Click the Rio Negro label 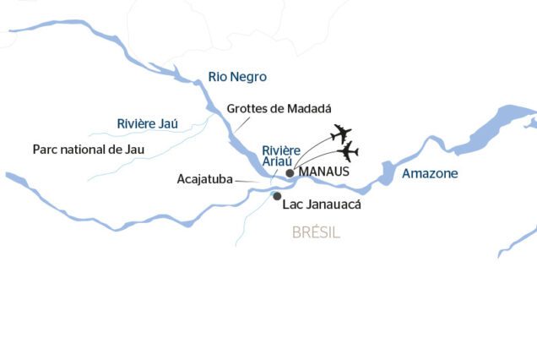(x=237, y=77)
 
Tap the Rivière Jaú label (x=147, y=123)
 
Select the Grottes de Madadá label (x=279, y=109)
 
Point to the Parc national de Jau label (x=89, y=150)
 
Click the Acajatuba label (x=205, y=179)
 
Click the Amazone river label (x=430, y=173)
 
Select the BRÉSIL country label (x=316, y=232)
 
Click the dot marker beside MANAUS (x=290, y=172)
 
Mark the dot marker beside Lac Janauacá (x=277, y=196)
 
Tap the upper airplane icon (x=341, y=134)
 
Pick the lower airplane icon (x=347, y=153)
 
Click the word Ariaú (x=278, y=164)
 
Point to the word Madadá (x=306, y=109)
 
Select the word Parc (x=45, y=150)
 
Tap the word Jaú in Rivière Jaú (x=169, y=123)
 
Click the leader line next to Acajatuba (x=248, y=181)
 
